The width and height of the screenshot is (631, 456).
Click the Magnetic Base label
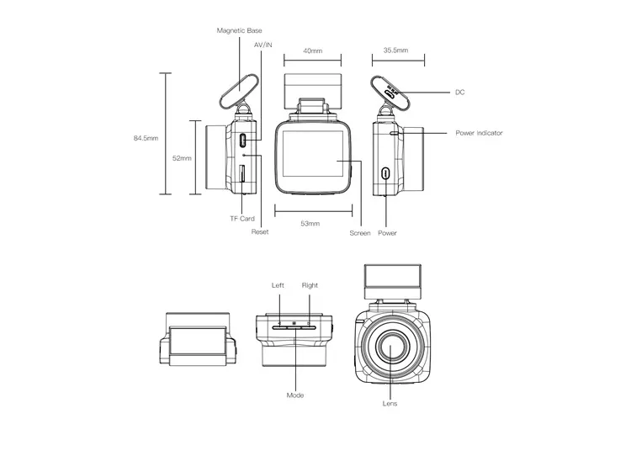click(239, 30)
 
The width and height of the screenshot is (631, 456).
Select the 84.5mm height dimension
click(146, 137)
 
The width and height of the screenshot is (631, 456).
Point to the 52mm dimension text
click(182, 157)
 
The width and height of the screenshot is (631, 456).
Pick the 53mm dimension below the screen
click(310, 224)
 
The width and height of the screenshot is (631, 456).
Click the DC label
click(459, 92)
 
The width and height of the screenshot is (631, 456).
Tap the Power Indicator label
click(479, 133)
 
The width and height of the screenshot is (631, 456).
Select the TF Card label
click(241, 219)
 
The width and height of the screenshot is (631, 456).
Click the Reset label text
click(260, 232)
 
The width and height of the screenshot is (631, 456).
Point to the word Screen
click(360, 233)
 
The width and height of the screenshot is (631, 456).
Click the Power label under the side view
click(387, 233)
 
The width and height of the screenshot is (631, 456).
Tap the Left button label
click(278, 285)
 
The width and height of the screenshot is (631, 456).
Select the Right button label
click(310, 285)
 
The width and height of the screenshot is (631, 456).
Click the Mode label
click(294, 395)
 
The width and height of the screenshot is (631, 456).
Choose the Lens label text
click(391, 405)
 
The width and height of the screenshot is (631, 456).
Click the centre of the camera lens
click(392, 346)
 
